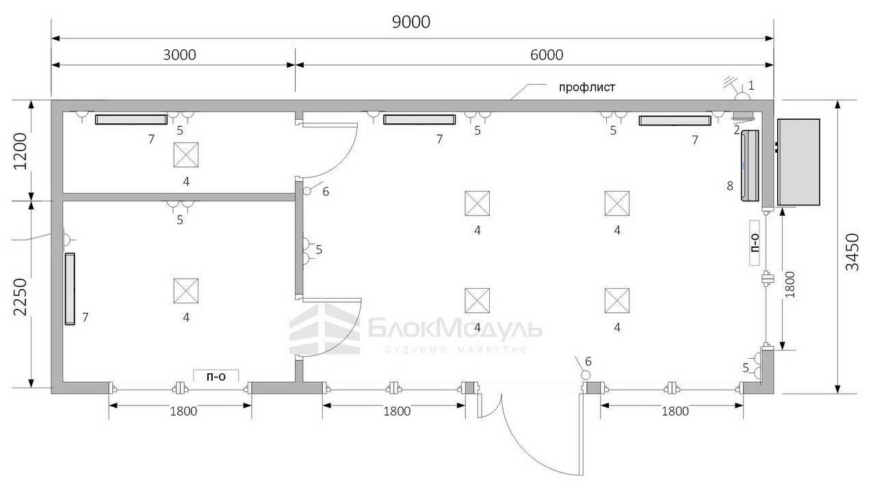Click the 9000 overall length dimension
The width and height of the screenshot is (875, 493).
[x=411, y=23]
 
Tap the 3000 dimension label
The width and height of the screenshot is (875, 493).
[x=179, y=55]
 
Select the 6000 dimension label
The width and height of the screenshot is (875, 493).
[x=547, y=55]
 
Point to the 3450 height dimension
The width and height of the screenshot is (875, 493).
[x=852, y=252]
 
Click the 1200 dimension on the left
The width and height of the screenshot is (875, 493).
[x=21, y=151]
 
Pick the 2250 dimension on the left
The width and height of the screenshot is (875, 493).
[x=21, y=296]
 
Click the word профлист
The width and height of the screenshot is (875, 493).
[x=587, y=87]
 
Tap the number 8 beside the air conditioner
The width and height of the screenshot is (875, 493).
[x=730, y=186]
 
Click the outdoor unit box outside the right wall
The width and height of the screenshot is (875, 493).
[x=798, y=162]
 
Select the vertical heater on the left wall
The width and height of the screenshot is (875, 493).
[x=70, y=289]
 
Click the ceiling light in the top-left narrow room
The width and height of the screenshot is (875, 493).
[x=186, y=155]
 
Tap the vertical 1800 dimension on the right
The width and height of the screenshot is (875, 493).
[x=790, y=284]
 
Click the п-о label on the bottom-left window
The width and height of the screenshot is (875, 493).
[x=216, y=376]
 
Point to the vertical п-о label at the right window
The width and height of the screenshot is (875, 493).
[x=755, y=243]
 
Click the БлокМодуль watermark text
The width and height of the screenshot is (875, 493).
[x=455, y=329]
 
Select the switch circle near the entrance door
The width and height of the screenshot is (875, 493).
[x=586, y=375]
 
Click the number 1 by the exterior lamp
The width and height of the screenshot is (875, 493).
[x=750, y=85]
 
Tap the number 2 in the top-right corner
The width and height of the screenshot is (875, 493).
[x=737, y=130]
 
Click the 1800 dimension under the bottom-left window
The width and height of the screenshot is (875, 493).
[x=183, y=412]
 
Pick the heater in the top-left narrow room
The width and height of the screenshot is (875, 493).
[x=131, y=119]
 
